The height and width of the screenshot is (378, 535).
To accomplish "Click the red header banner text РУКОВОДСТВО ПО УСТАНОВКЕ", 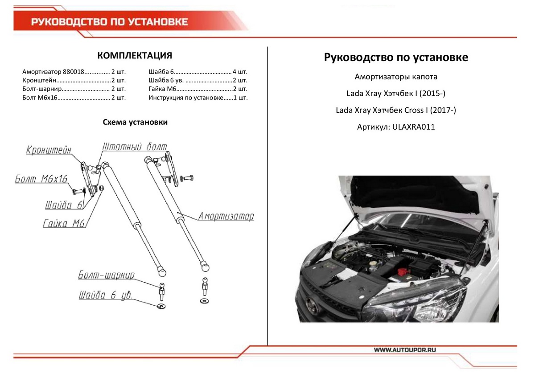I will (x=109, y=22).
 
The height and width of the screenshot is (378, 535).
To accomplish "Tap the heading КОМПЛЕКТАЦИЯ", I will (x=135, y=56).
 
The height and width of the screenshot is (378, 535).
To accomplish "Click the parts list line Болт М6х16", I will (x=74, y=97).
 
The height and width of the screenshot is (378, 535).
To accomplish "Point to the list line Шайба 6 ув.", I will (x=198, y=80).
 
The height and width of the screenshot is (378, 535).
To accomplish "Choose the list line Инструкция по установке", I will (x=198, y=97).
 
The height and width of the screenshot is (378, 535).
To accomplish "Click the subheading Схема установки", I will (x=135, y=122).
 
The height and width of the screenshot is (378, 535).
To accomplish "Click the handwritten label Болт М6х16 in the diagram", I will (x=41, y=179).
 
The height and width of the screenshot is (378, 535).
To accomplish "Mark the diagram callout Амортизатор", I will (x=226, y=217).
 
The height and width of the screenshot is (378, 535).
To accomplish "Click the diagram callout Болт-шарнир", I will (x=106, y=275).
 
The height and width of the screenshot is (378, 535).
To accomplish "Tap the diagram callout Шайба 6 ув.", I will (x=106, y=296).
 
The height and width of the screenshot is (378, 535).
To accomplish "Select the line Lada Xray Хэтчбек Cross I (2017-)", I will (x=396, y=111).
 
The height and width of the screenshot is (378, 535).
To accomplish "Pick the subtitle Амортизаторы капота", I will (x=396, y=77).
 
